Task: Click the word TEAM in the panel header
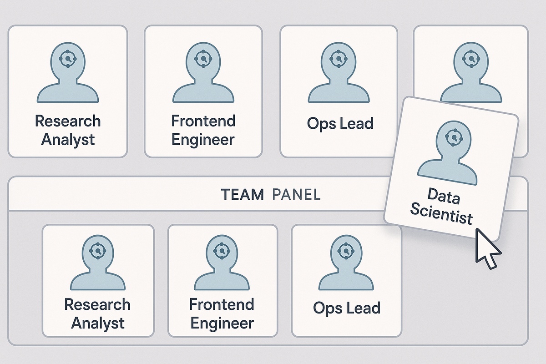click(242, 195)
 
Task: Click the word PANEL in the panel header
click(296, 195)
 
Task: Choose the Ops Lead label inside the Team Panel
click(347, 308)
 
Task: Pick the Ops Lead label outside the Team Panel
click(340, 123)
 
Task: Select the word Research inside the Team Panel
click(97, 304)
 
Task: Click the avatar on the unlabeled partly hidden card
click(470, 73)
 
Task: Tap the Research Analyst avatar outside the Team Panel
click(68, 73)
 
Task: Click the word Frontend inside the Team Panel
click(222, 304)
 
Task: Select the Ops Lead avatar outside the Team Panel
click(339, 73)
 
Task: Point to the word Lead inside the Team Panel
click(363, 308)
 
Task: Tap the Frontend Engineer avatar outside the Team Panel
click(203, 73)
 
